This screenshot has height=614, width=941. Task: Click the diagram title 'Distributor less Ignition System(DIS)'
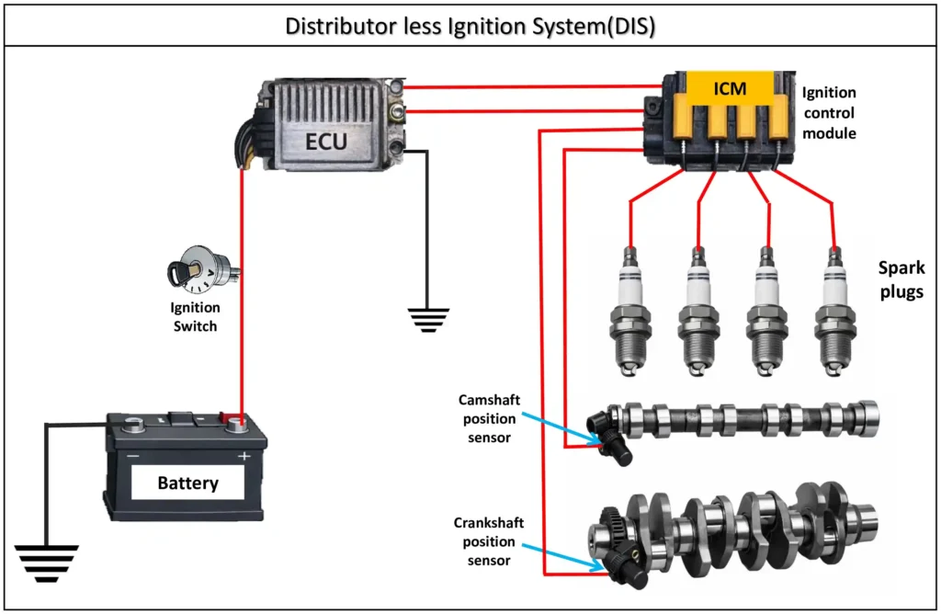click(470, 25)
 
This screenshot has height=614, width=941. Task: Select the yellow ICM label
click(730, 89)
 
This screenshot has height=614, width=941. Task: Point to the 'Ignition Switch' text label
click(194, 317)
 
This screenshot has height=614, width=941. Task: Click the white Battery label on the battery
click(187, 483)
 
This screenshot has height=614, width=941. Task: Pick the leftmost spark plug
click(629, 313)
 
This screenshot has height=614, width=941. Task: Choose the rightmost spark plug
click(834, 313)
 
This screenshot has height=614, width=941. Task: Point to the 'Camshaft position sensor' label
click(489, 418)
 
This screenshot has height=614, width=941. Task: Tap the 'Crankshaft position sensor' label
click(489, 540)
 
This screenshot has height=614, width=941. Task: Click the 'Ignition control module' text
click(829, 113)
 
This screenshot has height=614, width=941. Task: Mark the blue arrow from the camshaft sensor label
click(561, 425)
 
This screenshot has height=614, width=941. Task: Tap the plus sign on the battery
click(244, 456)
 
